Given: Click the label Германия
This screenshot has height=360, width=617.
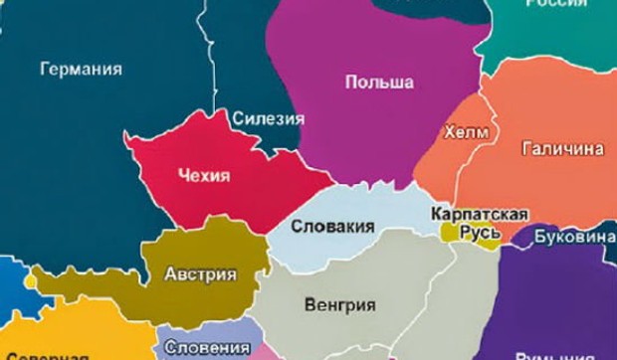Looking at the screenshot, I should coord(81,70).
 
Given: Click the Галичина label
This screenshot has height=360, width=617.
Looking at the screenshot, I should coord(562,148).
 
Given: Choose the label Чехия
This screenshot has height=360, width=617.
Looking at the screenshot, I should coord(203,176).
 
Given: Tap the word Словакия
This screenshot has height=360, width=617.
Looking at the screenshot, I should coord(332,227).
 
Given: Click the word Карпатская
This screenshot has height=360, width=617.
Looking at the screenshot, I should coord(479,215).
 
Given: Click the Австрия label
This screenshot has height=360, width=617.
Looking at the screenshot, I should coord(200,274).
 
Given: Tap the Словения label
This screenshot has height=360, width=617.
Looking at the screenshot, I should coord(206,347).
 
